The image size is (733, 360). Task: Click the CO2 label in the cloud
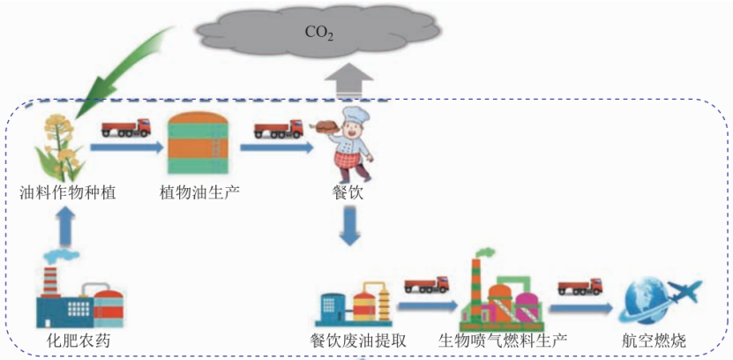(x=318, y=33)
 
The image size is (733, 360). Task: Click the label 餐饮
(x=351, y=191)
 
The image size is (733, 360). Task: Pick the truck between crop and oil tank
(x=124, y=129)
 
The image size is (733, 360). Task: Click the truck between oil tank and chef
(x=278, y=130)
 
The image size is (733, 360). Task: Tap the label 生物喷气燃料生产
(x=504, y=340)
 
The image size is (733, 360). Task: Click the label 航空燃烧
(x=652, y=340)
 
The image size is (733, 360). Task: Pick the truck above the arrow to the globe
(x=580, y=287)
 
